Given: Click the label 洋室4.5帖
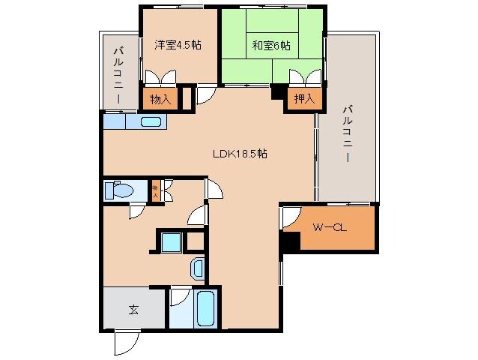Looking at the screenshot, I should [x=178, y=44].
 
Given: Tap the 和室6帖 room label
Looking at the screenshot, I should [x=270, y=45].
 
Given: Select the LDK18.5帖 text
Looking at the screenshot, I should [x=239, y=154].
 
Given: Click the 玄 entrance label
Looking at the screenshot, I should [x=133, y=308].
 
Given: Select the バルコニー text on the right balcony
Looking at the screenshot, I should [x=346, y=135].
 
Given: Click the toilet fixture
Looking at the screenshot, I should [x=120, y=190].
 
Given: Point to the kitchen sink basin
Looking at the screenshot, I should [x=147, y=121].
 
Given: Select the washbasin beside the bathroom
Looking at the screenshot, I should [x=197, y=268].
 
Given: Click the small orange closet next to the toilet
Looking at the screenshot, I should [x=156, y=190].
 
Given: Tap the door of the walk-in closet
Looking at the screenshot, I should [x=288, y=219].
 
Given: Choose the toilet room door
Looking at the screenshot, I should [x=136, y=211].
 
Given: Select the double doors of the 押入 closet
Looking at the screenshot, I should [x=303, y=77].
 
